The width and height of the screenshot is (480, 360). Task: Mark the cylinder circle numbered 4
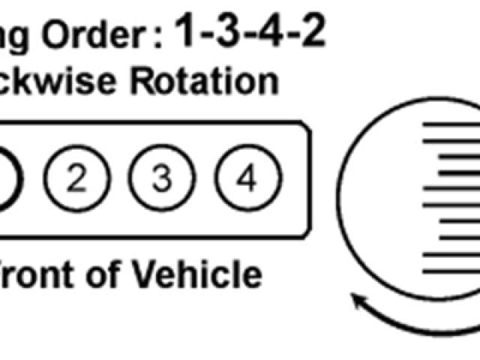[247, 179]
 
